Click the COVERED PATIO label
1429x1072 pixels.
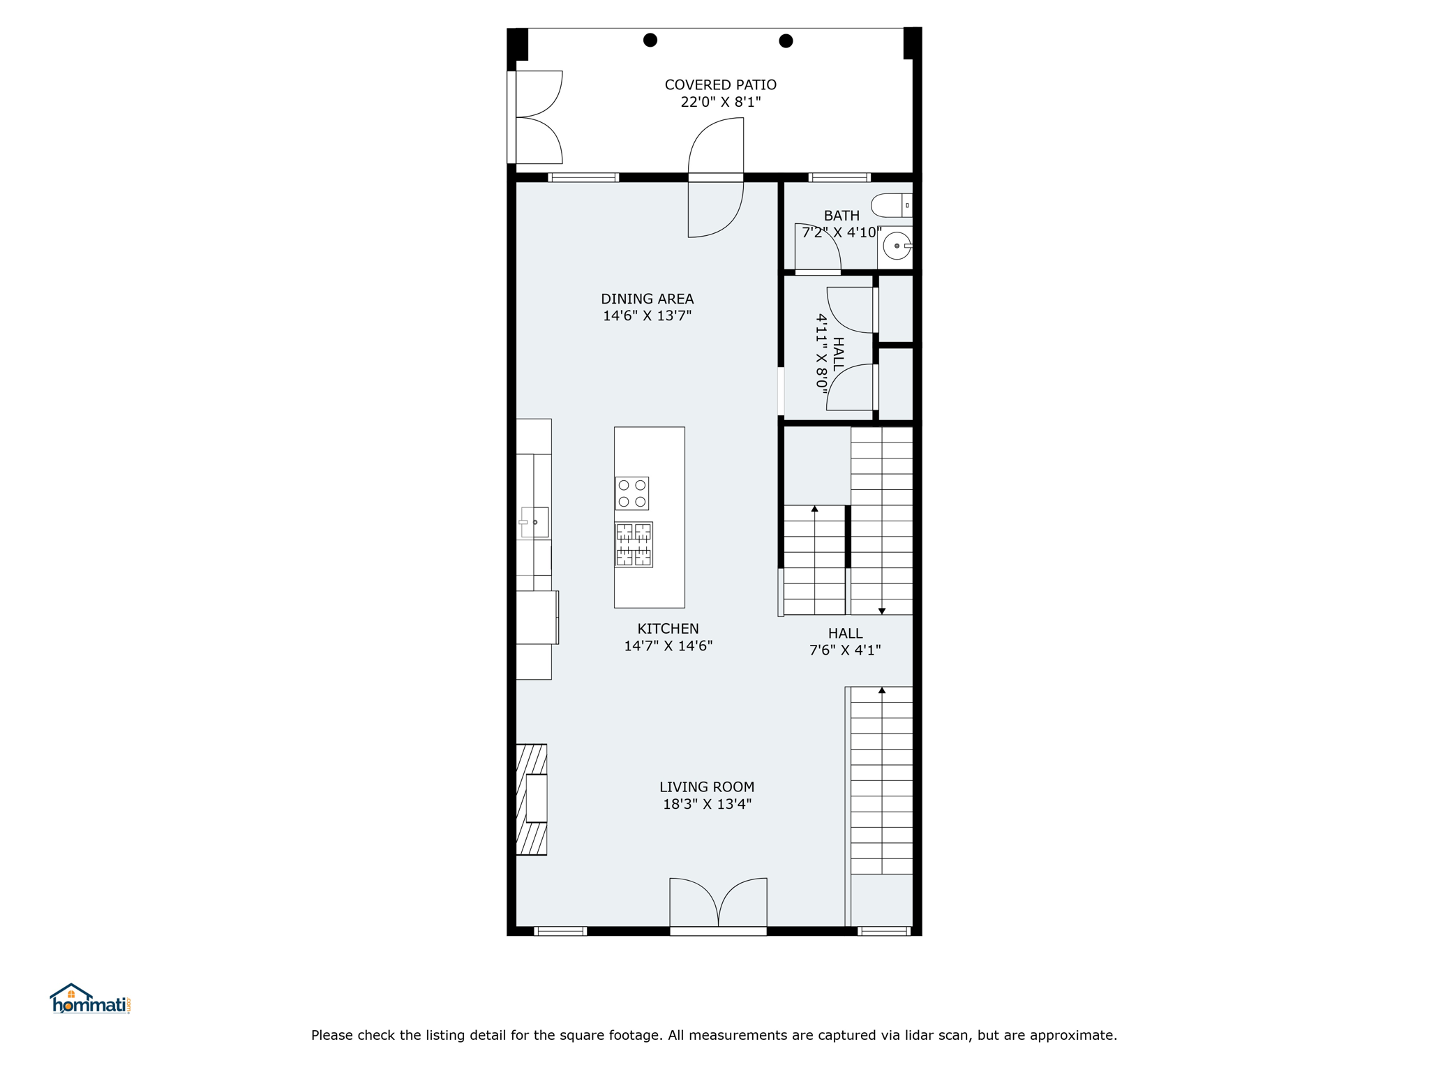pyautogui.click(x=720, y=84)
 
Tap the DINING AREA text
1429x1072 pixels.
pyautogui.click(x=647, y=299)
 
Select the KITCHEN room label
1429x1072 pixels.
pyautogui.click(x=668, y=629)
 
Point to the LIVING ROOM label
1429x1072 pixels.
pyautogui.click(x=707, y=787)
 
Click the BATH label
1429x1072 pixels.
pyautogui.click(x=841, y=216)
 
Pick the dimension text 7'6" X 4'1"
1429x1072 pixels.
pyautogui.click(x=845, y=650)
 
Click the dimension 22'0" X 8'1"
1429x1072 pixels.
pyautogui.click(x=720, y=102)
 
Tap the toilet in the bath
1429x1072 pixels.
pyautogui.click(x=892, y=205)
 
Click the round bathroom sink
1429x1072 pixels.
pyautogui.click(x=897, y=246)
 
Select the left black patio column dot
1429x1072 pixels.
pyautogui.click(x=650, y=40)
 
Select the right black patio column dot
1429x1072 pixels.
pyautogui.click(x=786, y=40)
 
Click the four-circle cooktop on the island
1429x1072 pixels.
pyautogui.click(x=631, y=493)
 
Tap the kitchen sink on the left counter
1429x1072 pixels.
pyautogui.click(x=534, y=522)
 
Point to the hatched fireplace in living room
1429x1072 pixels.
pyautogui.click(x=531, y=800)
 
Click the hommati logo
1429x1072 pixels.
pyautogui.click(x=90, y=999)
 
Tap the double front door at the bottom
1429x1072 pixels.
pyautogui.click(x=718, y=904)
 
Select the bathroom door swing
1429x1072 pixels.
pyautogui.click(x=818, y=248)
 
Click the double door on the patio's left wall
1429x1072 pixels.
pyautogui.click(x=535, y=117)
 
